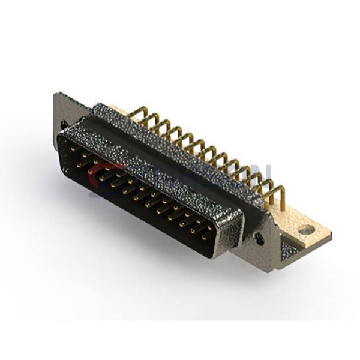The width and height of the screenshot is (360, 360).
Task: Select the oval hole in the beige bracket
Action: point(307,229)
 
